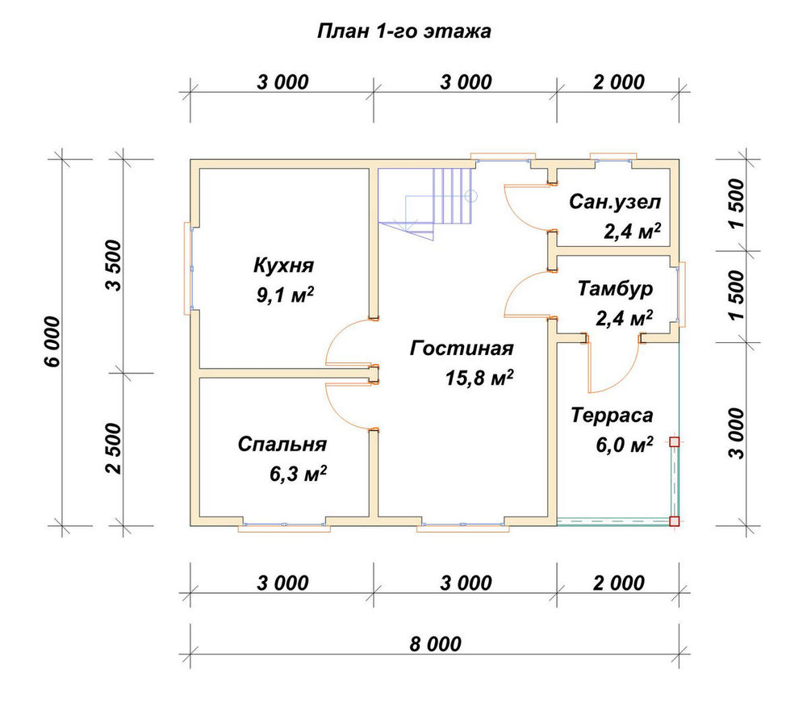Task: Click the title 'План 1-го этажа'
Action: coord(404,31)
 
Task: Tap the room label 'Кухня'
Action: coord(283,266)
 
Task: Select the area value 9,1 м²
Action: coord(285,295)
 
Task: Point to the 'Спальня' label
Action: coord(282,444)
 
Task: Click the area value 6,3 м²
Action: coord(298,474)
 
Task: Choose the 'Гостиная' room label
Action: coord(462,349)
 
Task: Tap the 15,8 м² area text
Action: coord(479,378)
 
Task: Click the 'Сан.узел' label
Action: coord(615,202)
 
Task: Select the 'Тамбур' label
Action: coord(615,289)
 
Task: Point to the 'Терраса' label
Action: coord(612,416)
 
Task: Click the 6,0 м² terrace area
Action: coord(625,444)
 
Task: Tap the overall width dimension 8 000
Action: coord(436,644)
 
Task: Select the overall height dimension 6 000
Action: coord(52,342)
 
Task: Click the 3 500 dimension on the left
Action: coord(114,266)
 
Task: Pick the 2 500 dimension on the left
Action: coord(114,449)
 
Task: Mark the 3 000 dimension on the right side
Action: coord(737,433)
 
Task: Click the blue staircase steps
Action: coord(453,195)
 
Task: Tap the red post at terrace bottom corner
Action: coord(674,521)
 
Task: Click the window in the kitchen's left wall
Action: coord(188,268)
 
